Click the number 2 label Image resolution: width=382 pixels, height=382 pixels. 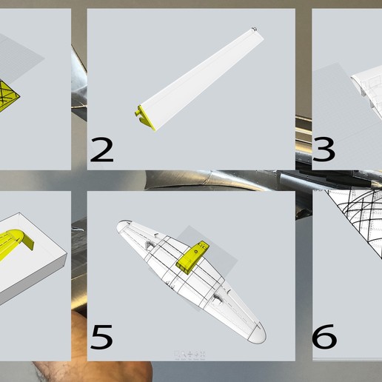(x=101, y=151)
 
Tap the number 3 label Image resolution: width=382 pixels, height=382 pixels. (x=324, y=150)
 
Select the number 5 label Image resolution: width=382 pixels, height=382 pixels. (x=101, y=337)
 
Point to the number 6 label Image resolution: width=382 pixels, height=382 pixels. (x=324, y=337)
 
